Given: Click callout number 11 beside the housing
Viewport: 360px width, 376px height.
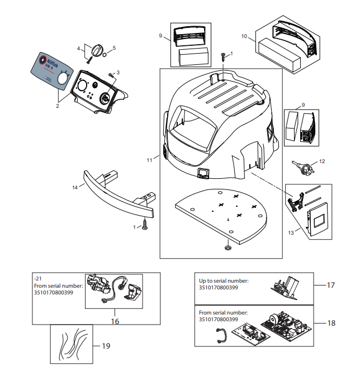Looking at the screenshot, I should pyautogui.click(x=149, y=160).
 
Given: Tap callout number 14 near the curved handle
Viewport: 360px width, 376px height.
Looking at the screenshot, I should pyautogui.click(x=74, y=188).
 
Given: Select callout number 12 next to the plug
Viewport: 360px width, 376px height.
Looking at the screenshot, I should pyautogui.click(x=321, y=161).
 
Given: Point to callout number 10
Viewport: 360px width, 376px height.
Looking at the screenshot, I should pyautogui.click(x=244, y=36).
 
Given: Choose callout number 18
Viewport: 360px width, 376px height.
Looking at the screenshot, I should pyautogui.click(x=331, y=323).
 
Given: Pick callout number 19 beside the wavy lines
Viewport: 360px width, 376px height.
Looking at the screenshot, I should pyautogui.click(x=106, y=346).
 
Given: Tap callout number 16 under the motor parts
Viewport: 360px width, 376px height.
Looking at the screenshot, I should pyautogui.click(x=115, y=321).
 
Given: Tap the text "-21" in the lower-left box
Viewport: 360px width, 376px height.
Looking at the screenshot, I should pyautogui.click(x=38, y=279).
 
